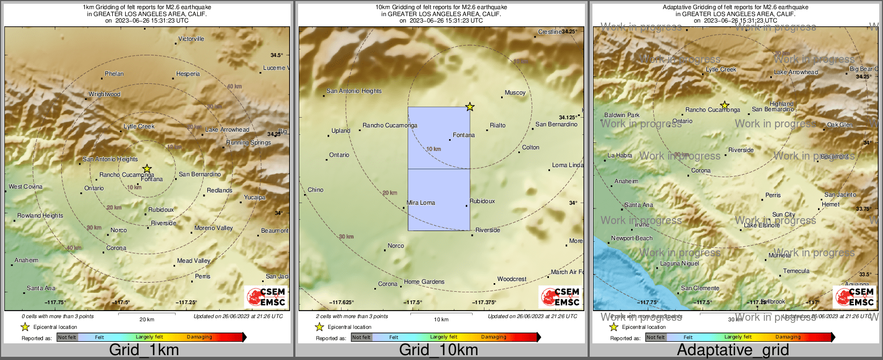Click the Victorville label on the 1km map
tap(191, 39)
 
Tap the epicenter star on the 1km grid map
tap(147, 169)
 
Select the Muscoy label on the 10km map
tap(515, 92)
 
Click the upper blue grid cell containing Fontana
tap(439, 138)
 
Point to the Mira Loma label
tap(421, 203)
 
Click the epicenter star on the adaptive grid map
tap(725, 105)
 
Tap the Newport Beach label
tap(632, 238)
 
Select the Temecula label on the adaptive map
tap(796, 271)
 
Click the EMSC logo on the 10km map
tap(561, 297)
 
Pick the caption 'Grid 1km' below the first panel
tap(144, 350)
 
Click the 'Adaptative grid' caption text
tap(733, 350)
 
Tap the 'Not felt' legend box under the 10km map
tap(361, 337)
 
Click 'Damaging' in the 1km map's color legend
tap(199, 337)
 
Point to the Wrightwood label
tap(105, 94)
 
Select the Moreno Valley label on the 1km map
tap(213, 228)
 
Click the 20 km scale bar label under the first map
tap(147, 319)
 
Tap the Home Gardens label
tap(424, 282)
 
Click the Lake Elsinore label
tap(762, 225)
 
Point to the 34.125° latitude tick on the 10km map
tap(568, 117)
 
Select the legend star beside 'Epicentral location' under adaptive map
tap(613, 327)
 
